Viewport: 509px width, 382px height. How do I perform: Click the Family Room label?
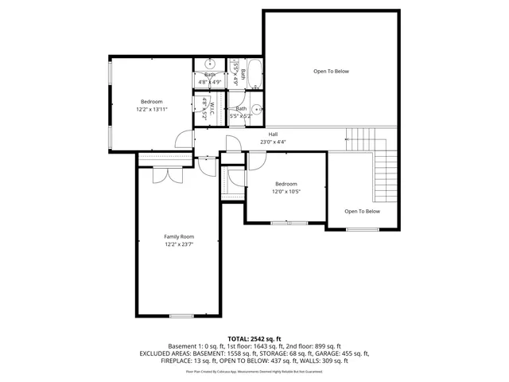179,236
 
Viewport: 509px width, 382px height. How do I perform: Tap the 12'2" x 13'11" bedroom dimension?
151,109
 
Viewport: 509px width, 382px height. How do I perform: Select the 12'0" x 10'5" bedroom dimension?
286,191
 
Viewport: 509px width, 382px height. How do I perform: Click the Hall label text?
273,134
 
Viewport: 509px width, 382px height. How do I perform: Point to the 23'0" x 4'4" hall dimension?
273,142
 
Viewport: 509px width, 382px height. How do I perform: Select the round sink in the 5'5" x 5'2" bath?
257,110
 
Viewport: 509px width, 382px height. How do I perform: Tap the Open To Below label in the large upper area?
331,72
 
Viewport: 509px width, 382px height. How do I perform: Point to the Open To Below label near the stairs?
362,211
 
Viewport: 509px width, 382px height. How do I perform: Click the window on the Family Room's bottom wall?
181,316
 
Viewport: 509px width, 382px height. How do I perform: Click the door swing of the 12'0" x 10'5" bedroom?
258,160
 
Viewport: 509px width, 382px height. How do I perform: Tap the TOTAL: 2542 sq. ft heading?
254,339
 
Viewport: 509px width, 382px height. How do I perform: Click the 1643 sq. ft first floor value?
270,346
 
